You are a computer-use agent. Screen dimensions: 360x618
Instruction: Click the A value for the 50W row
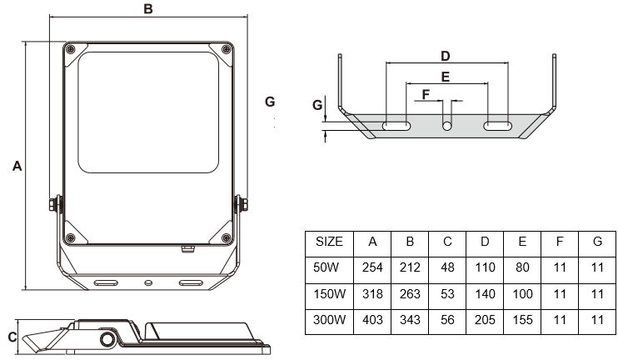[x=372, y=268]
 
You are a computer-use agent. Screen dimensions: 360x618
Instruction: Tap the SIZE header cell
[x=329, y=242]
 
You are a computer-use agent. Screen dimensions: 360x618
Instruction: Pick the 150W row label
[x=330, y=294]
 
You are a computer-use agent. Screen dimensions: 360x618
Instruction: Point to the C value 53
[x=447, y=294]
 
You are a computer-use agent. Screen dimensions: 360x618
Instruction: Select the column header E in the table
[x=522, y=242]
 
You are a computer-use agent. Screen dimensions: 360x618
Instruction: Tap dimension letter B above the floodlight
[x=147, y=9]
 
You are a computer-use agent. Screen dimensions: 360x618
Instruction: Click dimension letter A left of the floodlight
[x=16, y=167]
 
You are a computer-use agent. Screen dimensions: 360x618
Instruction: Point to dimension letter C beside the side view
[x=11, y=337]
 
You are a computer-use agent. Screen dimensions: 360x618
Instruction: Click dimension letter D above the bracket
[x=446, y=56]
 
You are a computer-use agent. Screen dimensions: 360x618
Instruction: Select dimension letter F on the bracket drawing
[x=426, y=94]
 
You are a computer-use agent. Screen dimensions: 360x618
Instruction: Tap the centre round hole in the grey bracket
[x=447, y=126]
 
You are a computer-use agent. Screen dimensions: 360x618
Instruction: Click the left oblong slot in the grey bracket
[x=396, y=126]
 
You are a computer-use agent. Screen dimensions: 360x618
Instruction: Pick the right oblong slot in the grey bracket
[x=497, y=126]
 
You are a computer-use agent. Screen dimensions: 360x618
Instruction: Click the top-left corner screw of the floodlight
[x=72, y=48]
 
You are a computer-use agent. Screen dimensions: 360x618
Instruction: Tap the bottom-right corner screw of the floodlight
[x=225, y=238]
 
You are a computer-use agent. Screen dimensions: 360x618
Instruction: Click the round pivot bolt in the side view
[x=107, y=340]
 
